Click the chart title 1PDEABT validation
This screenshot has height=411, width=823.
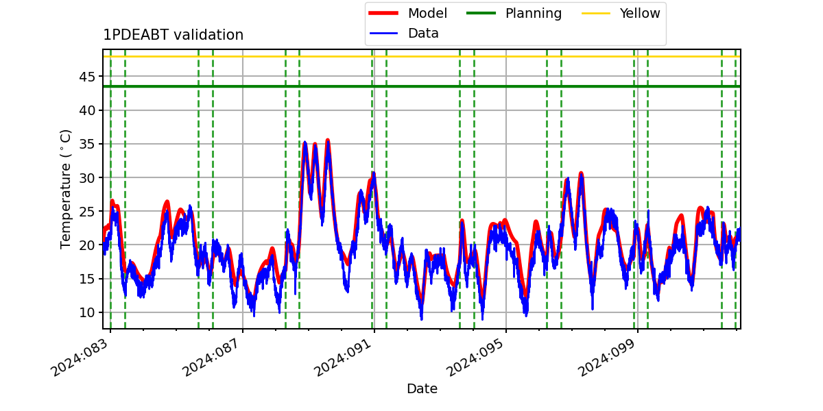(173, 35)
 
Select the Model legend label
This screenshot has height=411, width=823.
(427, 13)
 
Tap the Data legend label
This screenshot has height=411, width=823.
(423, 34)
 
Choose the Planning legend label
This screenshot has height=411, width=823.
(534, 13)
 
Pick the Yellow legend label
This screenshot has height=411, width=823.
(640, 13)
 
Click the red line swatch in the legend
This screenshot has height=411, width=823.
(383, 13)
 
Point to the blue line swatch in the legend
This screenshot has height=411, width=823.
(383, 34)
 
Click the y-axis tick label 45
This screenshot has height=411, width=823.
(87, 77)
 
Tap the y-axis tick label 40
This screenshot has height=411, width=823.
(87, 110)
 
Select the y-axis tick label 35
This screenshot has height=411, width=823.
(87, 144)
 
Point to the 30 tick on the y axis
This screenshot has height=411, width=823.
(87, 177)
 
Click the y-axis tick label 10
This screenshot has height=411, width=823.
(87, 312)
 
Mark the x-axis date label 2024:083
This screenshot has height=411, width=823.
(80, 358)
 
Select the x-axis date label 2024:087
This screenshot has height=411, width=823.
(211, 358)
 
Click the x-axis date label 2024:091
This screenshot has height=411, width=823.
(343, 358)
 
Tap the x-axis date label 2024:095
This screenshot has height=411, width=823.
(475, 358)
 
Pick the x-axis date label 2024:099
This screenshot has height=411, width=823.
(606, 358)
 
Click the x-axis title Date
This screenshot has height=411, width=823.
(422, 388)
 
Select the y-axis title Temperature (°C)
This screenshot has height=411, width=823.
(65, 189)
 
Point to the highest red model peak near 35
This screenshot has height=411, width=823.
(328, 140)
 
